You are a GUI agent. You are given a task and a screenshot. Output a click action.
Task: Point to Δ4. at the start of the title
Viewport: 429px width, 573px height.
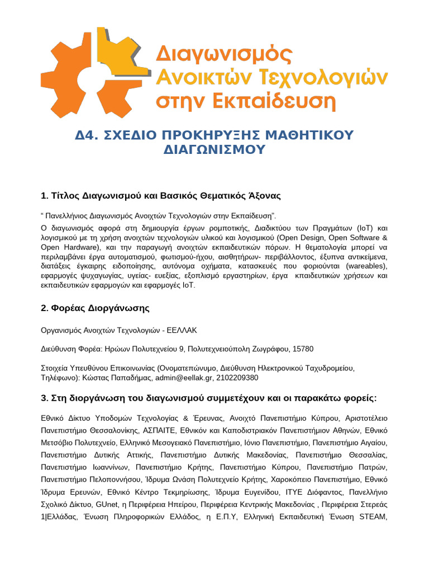[87, 135]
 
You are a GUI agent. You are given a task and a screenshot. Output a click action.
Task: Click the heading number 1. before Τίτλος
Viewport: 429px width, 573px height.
[45, 196]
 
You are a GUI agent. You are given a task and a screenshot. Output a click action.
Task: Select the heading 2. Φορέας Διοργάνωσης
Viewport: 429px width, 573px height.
[96, 308]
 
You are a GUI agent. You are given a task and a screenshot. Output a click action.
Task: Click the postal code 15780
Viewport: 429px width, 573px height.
[303, 349]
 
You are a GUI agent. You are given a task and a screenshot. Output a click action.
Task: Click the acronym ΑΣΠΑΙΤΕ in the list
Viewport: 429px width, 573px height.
[165, 430]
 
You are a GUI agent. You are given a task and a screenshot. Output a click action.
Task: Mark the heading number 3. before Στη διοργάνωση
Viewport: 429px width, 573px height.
[45, 398]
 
